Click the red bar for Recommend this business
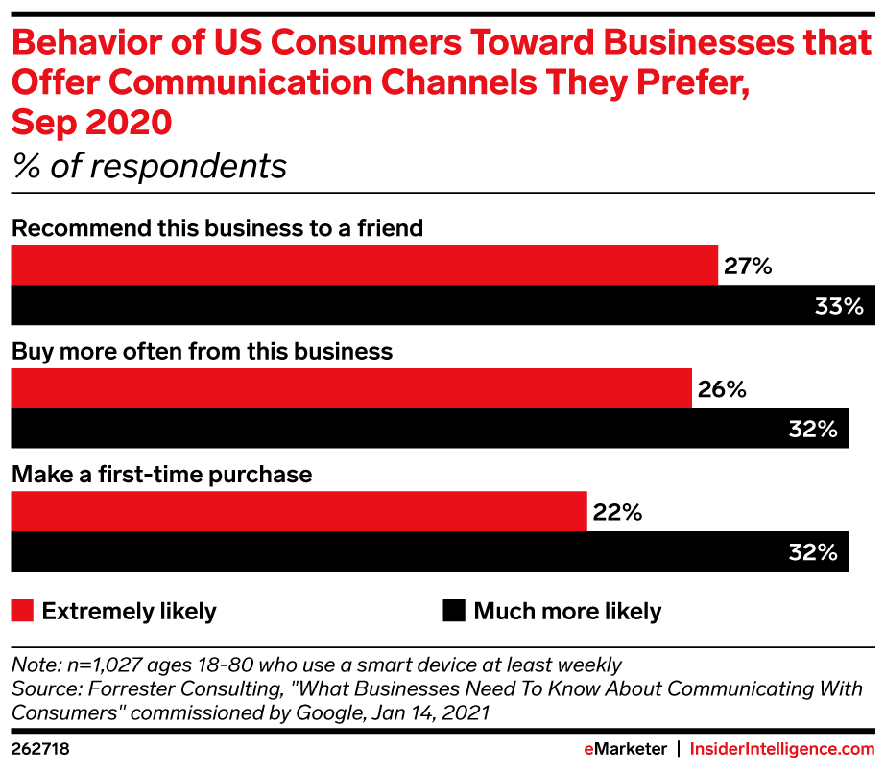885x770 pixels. click(x=364, y=266)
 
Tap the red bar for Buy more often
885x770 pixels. click(x=350, y=388)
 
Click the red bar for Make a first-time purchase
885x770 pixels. click(x=298, y=512)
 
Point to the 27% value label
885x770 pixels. click(x=748, y=267)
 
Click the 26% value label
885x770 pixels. click(x=721, y=389)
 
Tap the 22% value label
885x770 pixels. click(x=616, y=513)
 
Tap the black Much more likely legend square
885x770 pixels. click(x=454, y=611)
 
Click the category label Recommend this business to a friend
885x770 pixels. click(x=217, y=228)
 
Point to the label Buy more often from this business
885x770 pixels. click(x=202, y=351)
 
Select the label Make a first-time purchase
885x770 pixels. click(x=161, y=474)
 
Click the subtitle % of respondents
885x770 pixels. click(x=149, y=166)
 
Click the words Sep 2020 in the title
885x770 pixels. click(x=91, y=123)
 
